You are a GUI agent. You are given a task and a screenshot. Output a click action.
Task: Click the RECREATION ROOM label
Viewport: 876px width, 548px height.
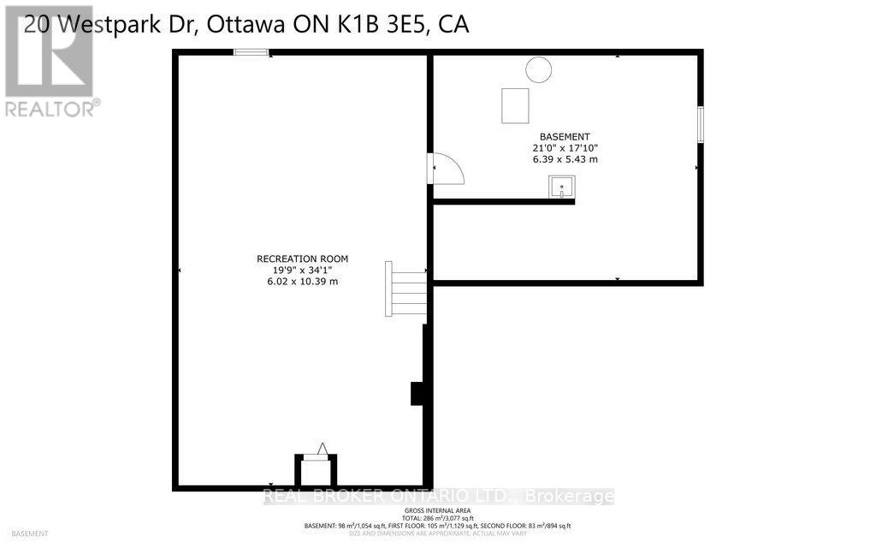click(302, 259)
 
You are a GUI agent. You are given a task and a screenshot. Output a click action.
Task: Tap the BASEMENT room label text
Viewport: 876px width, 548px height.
click(564, 137)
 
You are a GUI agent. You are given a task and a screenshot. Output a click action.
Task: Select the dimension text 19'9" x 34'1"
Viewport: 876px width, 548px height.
click(302, 270)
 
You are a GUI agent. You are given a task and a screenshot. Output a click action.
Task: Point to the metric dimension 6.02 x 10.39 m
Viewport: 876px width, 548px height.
click(302, 282)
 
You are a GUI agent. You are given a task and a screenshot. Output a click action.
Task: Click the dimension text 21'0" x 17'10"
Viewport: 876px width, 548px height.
click(564, 148)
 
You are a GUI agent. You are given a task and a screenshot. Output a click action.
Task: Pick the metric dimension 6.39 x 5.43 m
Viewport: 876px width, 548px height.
click(564, 159)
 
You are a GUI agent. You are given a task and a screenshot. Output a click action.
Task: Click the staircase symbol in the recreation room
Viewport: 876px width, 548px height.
click(408, 289)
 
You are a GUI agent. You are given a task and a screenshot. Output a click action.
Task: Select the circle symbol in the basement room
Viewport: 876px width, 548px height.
click(538, 69)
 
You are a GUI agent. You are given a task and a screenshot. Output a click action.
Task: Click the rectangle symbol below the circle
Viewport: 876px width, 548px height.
click(515, 105)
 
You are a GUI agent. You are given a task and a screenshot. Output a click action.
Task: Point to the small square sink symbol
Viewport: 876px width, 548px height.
click(562, 186)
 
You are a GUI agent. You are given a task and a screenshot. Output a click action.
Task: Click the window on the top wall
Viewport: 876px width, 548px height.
click(252, 53)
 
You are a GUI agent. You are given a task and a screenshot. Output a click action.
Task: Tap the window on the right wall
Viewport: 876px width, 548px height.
click(700, 124)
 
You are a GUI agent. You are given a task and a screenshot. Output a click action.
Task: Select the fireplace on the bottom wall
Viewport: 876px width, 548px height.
click(316, 468)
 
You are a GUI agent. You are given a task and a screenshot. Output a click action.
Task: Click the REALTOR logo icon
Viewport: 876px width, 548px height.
click(50, 51)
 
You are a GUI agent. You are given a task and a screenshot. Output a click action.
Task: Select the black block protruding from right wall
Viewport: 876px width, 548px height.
click(418, 393)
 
